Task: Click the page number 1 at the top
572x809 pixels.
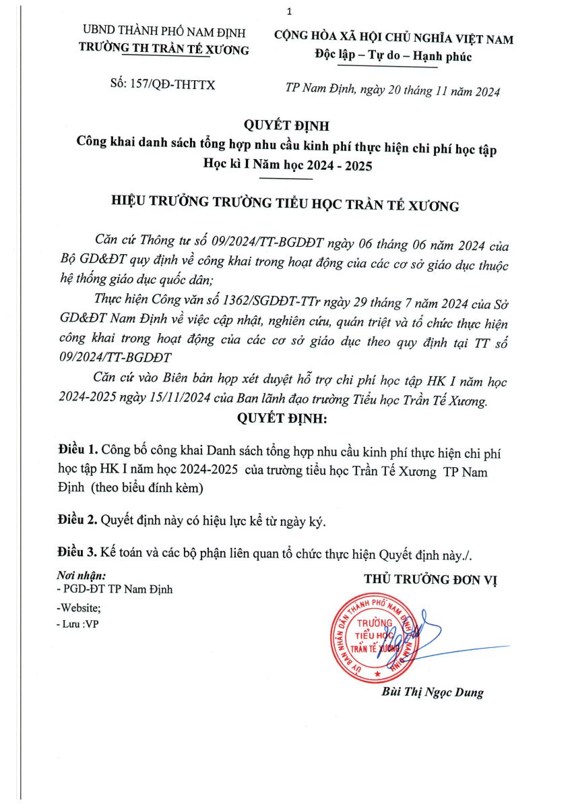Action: click(x=288, y=12)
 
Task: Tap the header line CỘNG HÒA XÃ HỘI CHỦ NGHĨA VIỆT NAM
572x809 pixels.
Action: click(x=393, y=39)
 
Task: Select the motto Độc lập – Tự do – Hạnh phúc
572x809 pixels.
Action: click(x=393, y=57)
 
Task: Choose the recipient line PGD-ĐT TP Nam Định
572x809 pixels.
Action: click(x=116, y=589)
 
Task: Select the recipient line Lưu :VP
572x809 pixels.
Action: click(x=78, y=624)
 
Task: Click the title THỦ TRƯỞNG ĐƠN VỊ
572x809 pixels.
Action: click(x=431, y=579)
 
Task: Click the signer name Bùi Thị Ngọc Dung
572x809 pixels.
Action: click(x=433, y=692)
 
